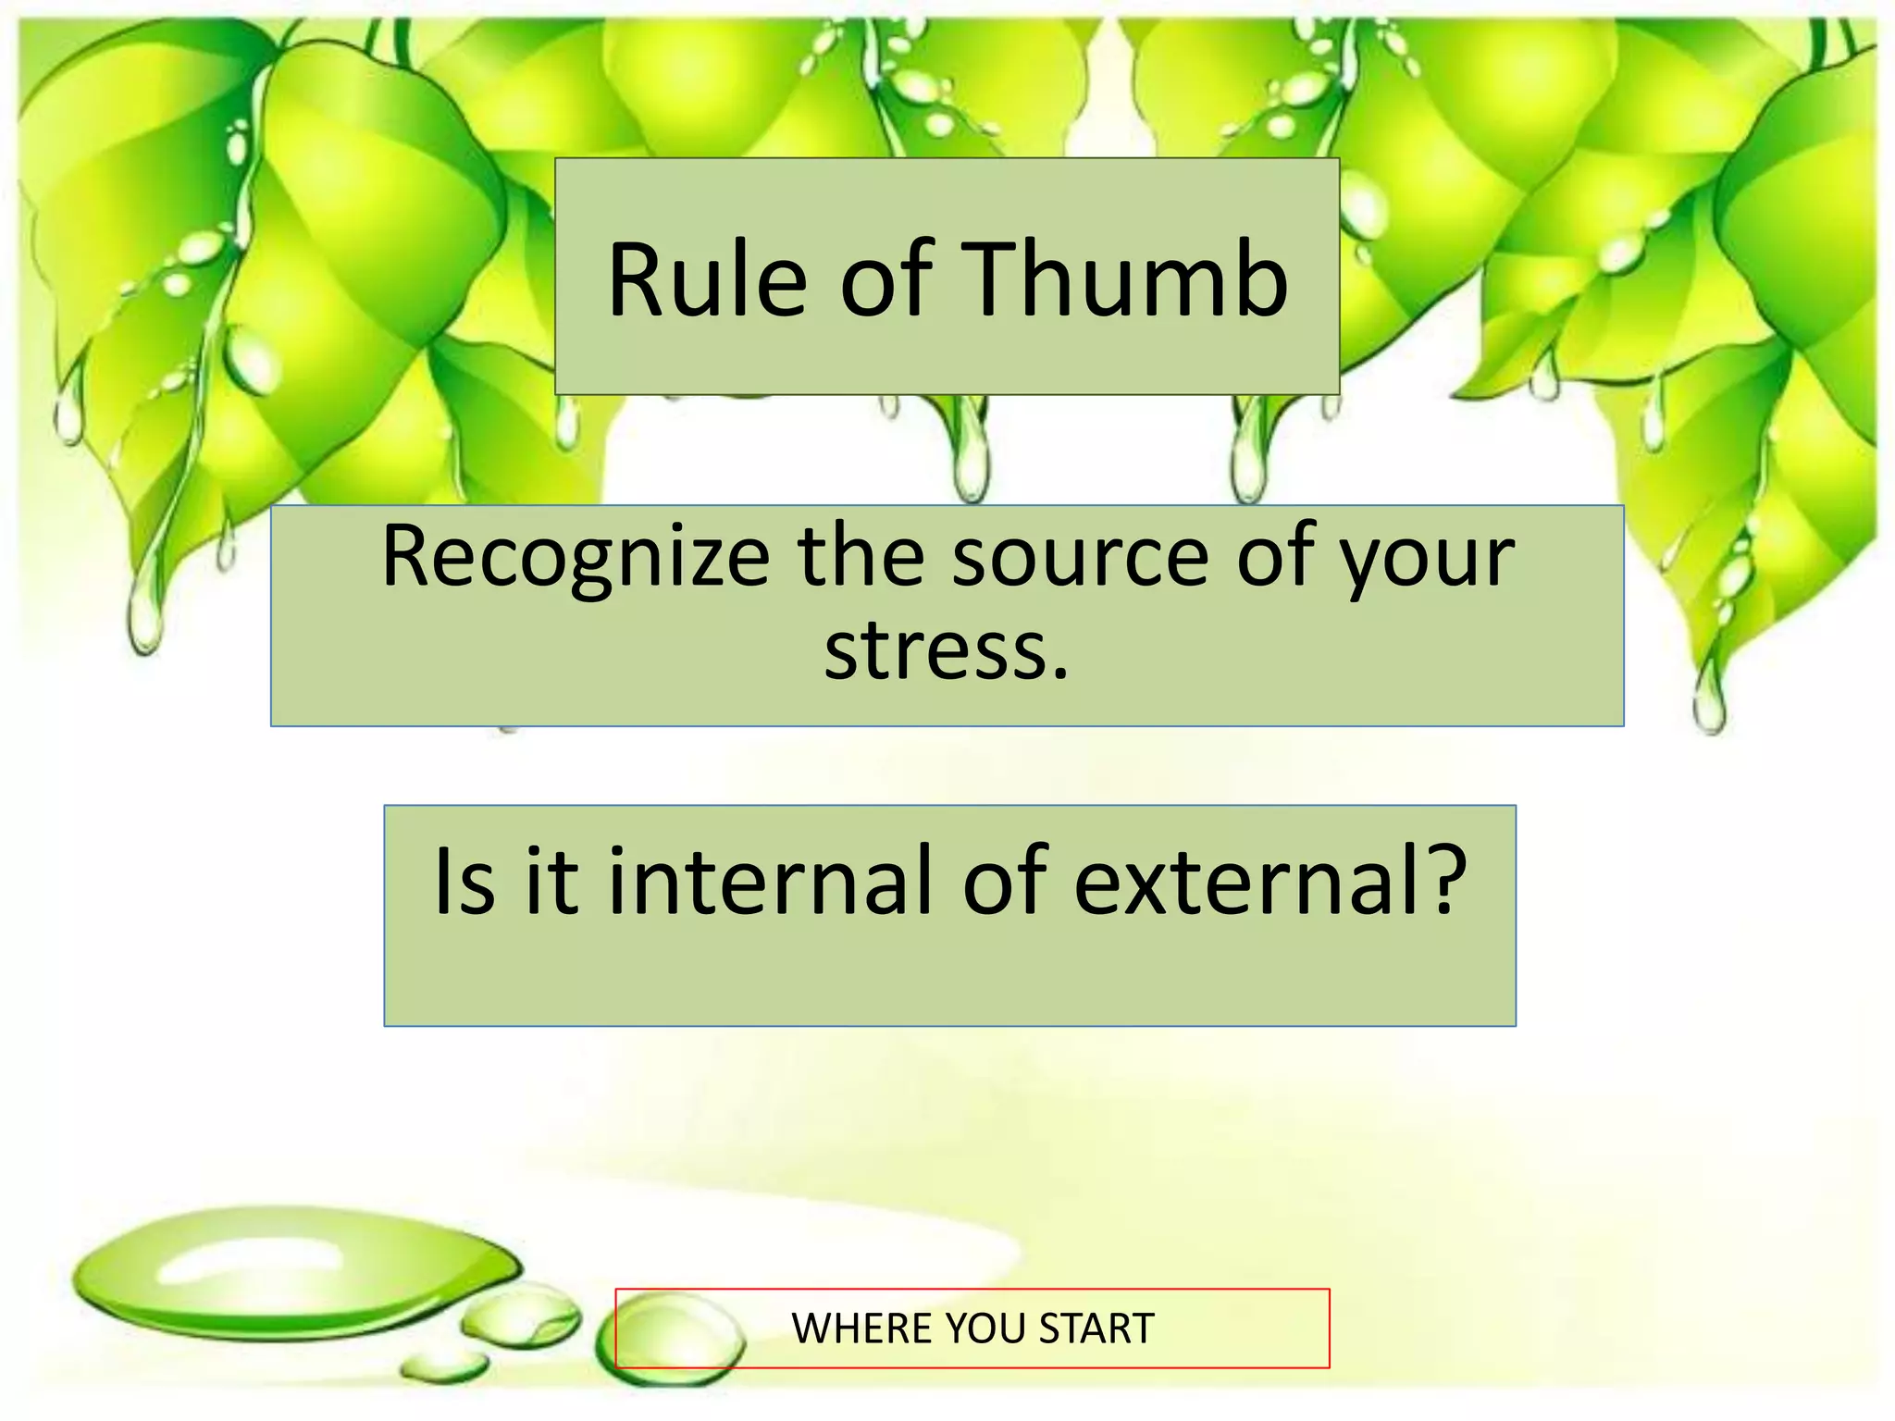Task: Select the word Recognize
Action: pyautogui.click(x=576, y=557)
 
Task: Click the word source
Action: pyautogui.click(x=1081, y=557)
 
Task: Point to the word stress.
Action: pyautogui.click(x=946, y=651)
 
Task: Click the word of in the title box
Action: pyautogui.click(x=886, y=278)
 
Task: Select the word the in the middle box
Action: pyautogui.click(x=861, y=557)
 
